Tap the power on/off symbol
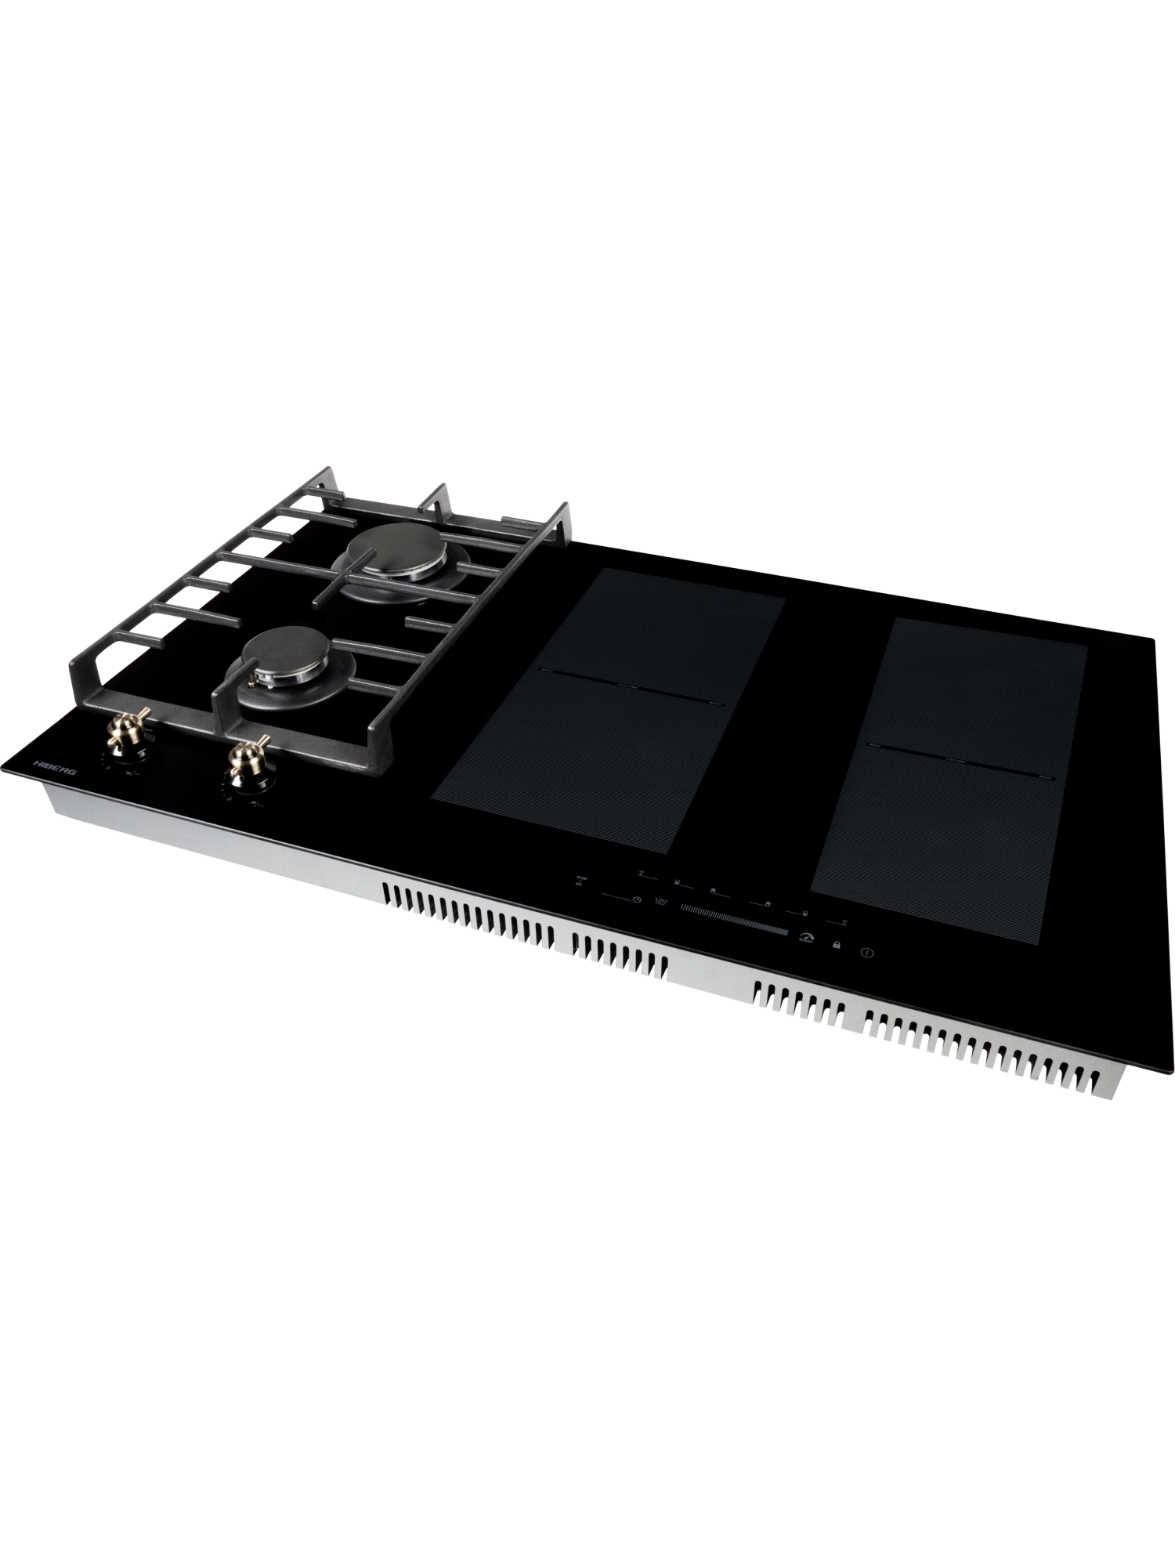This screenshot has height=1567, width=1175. point(866,954)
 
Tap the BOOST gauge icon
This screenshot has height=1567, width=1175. point(805,938)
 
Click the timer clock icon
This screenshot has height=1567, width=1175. point(638,900)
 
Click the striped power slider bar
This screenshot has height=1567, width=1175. point(735,920)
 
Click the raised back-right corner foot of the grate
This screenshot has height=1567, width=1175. point(564,517)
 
